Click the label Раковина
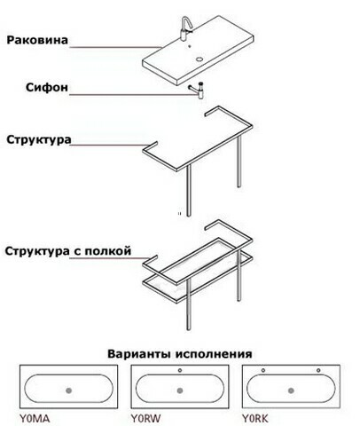click(37, 40)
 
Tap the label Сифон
click(47, 87)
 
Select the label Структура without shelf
click(39, 139)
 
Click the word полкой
click(108, 251)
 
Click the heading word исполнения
click(214, 354)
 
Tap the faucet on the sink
click(186, 28)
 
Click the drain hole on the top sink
click(200, 59)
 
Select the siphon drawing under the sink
click(197, 91)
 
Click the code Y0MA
click(35, 419)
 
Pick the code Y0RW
click(145, 419)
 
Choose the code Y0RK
click(255, 419)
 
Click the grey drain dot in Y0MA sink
click(69, 390)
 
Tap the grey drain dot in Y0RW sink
click(180, 390)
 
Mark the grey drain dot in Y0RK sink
click(291, 390)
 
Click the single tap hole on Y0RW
click(180, 370)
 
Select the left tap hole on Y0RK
click(263, 370)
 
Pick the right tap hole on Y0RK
click(318, 370)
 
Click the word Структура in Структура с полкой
click(37, 251)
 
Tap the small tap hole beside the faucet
click(190, 46)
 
